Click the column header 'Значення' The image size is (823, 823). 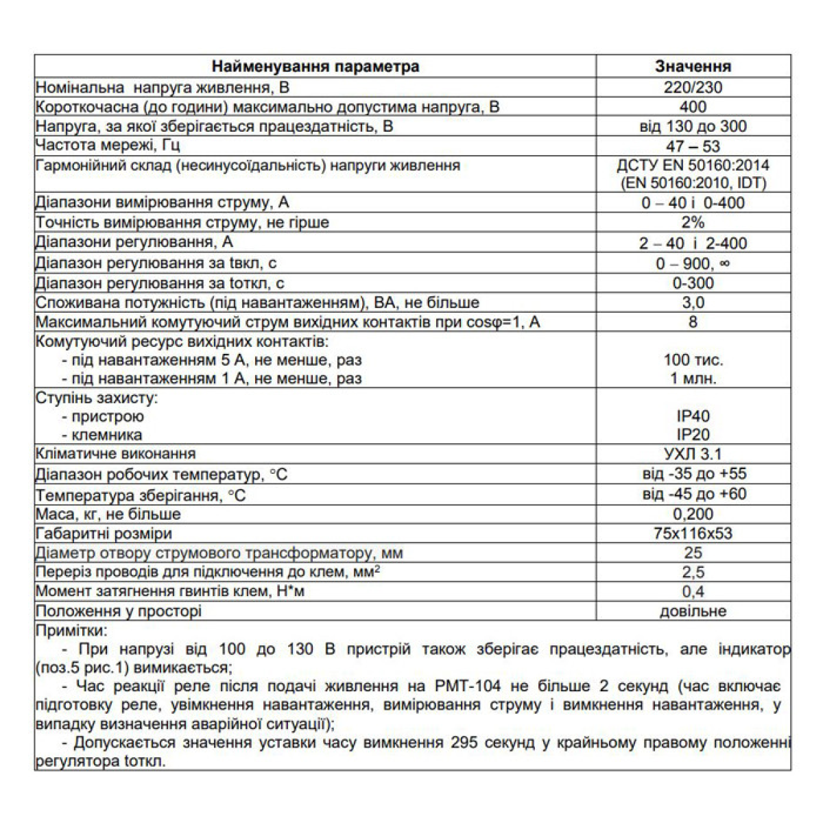click(x=693, y=67)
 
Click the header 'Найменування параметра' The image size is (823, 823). click(x=315, y=67)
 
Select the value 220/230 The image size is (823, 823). click(x=693, y=87)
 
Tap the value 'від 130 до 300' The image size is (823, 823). click(x=693, y=126)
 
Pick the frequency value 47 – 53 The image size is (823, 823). click(x=693, y=146)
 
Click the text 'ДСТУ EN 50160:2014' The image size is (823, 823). click(x=693, y=165)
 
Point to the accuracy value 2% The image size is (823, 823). click(x=693, y=222)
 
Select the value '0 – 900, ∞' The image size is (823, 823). click(x=693, y=263)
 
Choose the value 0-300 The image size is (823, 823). click(x=693, y=283)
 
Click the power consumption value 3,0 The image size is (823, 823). click(x=693, y=302)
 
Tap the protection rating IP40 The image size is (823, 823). click(x=693, y=416)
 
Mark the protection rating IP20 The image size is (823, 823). click(x=693, y=435)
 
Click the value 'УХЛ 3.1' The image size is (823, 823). click(x=693, y=454)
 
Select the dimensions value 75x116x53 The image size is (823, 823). click(x=693, y=534)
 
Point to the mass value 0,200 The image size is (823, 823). click(x=693, y=514)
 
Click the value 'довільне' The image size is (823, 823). click(x=693, y=611)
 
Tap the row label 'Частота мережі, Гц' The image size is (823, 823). click(x=108, y=146)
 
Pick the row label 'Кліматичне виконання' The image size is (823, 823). click(x=116, y=454)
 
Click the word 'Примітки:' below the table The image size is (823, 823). click(x=71, y=631)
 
